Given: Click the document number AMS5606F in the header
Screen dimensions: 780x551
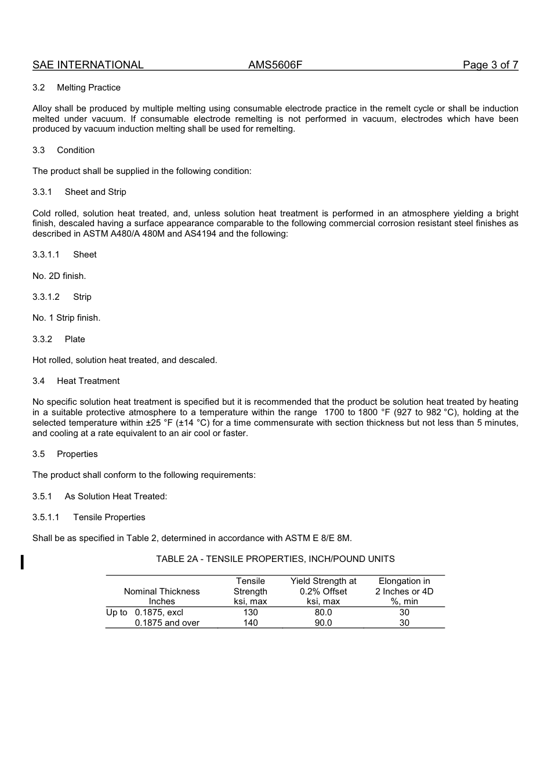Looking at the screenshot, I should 275,65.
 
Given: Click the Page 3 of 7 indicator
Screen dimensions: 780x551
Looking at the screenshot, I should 490,65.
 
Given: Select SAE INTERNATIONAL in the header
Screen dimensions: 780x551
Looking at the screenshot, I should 88,65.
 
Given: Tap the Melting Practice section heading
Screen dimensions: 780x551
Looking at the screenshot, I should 89,88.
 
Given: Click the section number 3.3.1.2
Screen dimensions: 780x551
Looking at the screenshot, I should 46,297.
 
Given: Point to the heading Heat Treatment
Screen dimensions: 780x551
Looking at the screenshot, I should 88,381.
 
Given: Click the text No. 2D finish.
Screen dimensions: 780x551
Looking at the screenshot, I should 59,276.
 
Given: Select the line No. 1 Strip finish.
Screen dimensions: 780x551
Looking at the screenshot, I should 66,318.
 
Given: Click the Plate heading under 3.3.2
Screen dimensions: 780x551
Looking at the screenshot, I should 75,339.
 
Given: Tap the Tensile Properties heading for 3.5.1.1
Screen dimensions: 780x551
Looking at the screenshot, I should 109,517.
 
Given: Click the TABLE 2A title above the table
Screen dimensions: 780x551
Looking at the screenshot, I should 275,559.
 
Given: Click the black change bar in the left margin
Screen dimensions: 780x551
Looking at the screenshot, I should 22,562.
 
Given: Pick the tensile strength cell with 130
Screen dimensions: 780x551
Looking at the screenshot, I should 251,612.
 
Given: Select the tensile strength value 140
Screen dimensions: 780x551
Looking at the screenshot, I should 251,623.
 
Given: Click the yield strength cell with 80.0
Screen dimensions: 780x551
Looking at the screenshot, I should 323,612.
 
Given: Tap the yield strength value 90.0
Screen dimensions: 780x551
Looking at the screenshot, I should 323,623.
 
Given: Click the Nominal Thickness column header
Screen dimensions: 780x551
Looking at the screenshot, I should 162,592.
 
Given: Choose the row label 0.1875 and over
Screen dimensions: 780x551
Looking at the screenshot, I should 167,623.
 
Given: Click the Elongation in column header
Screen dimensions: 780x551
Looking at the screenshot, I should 404,581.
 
